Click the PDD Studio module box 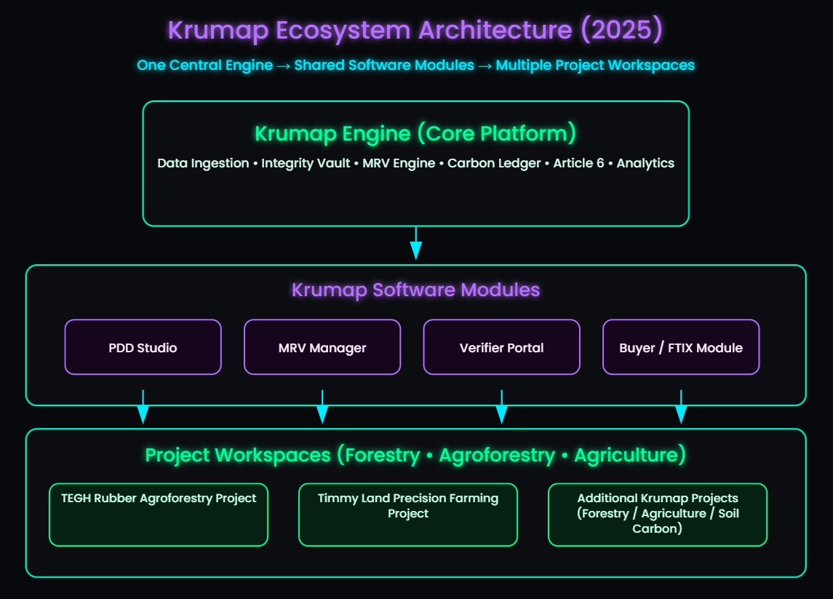point(143,347)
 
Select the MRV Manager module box point(322,347)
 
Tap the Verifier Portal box point(501,347)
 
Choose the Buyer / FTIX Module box point(681,347)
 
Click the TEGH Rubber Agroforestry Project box point(159,514)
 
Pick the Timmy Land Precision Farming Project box point(408,514)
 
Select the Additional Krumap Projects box point(658,514)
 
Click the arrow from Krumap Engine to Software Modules point(415,244)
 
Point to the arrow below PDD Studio point(143,408)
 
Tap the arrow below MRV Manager point(322,408)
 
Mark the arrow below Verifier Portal point(501,408)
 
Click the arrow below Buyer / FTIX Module point(681,408)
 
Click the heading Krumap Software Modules point(415,290)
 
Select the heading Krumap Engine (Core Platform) point(415,134)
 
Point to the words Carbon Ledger point(494,163)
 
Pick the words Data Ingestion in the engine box point(203,163)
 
